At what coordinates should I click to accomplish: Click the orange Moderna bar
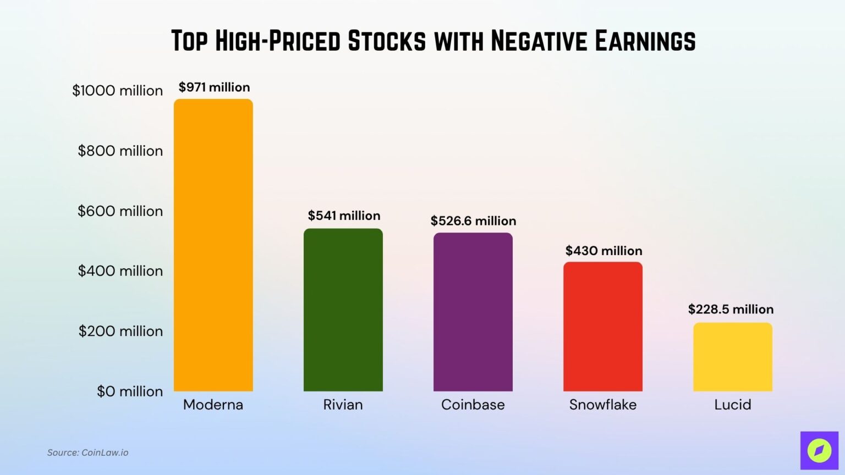[x=213, y=245]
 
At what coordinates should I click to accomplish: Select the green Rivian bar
[x=343, y=310]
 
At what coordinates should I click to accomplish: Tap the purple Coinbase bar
[x=473, y=312]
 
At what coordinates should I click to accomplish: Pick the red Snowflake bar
[x=603, y=327]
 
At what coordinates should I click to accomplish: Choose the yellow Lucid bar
[x=733, y=357]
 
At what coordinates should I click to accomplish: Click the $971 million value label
[x=214, y=87]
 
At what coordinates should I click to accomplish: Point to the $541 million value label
[x=344, y=216]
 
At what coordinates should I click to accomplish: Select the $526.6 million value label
[x=473, y=221]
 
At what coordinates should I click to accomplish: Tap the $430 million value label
[x=603, y=251]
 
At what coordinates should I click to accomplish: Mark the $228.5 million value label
[x=731, y=310]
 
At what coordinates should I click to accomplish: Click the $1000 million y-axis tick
[x=118, y=91]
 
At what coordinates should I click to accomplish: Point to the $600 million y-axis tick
[x=120, y=211]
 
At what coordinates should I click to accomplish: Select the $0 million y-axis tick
[x=130, y=391]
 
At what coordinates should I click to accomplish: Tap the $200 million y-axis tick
[x=120, y=332]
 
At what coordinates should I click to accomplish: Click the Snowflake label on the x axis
[x=603, y=405]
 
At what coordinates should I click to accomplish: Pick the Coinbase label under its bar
[x=473, y=405]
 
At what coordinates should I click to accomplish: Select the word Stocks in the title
[x=387, y=41]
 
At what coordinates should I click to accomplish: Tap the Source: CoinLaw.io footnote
[x=88, y=452]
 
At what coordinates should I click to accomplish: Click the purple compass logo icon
[x=819, y=450]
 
